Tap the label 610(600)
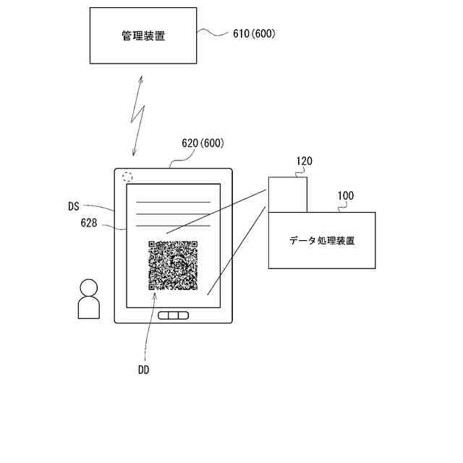click(x=254, y=34)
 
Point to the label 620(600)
click(x=202, y=143)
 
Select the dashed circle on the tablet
click(x=127, y=176)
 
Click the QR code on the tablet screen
click(x=173, y=265)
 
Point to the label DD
click(x=143, y=370)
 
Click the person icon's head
click(x=88, y=287)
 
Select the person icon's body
click(x=88, y=307)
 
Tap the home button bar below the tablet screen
click(x=174, y=315)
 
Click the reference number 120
click(x=304, y=161)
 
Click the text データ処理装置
click(x=322, y=240)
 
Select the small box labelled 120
click(x=287, y=194)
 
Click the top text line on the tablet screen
click(x=174, y=202)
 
